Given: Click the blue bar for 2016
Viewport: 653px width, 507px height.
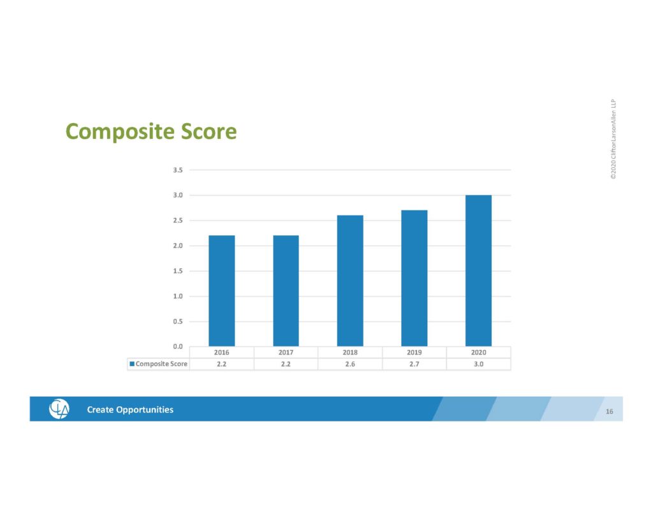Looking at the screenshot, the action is (x=221, y=291).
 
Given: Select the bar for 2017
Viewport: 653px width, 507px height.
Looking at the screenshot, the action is (x=286, y=291).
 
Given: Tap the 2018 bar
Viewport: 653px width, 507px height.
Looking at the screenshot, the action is (x=350, y=281).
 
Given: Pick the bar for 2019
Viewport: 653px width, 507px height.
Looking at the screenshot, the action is (x=415, y=278).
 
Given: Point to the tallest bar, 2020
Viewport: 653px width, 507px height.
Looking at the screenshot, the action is (x=478, y=271).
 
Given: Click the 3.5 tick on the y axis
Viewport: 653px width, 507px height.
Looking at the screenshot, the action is (x=178, y=170).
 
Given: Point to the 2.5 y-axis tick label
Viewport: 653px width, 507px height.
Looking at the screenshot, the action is (x=178, y=221).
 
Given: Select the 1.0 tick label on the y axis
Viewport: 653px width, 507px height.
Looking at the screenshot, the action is (x=178, y=296).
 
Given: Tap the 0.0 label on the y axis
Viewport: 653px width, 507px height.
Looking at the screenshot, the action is (x=178, y=346).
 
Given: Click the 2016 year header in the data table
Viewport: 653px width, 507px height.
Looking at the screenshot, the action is (x=221, y=353).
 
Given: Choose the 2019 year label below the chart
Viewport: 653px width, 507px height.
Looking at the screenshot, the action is (x=415, y=353).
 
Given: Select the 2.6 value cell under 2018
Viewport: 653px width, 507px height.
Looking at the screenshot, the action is (x=350, y=364).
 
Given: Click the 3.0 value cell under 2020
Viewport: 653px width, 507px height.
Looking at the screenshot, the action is (x=478, y=364).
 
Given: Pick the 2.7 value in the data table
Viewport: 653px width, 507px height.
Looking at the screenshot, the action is (x=415, y=364).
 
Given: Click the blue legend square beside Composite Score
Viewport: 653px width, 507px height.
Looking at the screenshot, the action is (x=132, y=364).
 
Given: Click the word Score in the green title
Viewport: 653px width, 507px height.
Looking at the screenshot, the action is (x=209, y=131).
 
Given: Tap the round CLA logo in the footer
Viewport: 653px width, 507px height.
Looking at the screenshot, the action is (x=59, y=409).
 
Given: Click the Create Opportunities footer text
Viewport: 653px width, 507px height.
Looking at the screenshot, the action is (x=130, y=409).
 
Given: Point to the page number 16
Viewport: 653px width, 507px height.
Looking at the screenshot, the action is (x=609, y=411).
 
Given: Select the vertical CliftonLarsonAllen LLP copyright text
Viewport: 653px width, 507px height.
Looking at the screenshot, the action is (x=613, y=139).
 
